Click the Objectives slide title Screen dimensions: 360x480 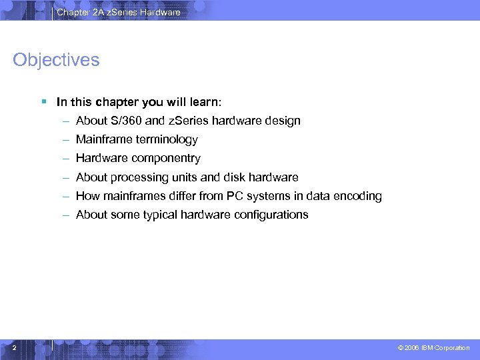point(56,60)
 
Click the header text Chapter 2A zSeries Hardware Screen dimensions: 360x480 point(118,12)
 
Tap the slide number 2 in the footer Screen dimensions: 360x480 point(14,347)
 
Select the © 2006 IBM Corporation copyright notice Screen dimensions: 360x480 point(433,348)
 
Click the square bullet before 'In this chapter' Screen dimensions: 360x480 point(43,102)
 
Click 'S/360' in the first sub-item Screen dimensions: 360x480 point(124,121)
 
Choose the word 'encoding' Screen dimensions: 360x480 point(358,196)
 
